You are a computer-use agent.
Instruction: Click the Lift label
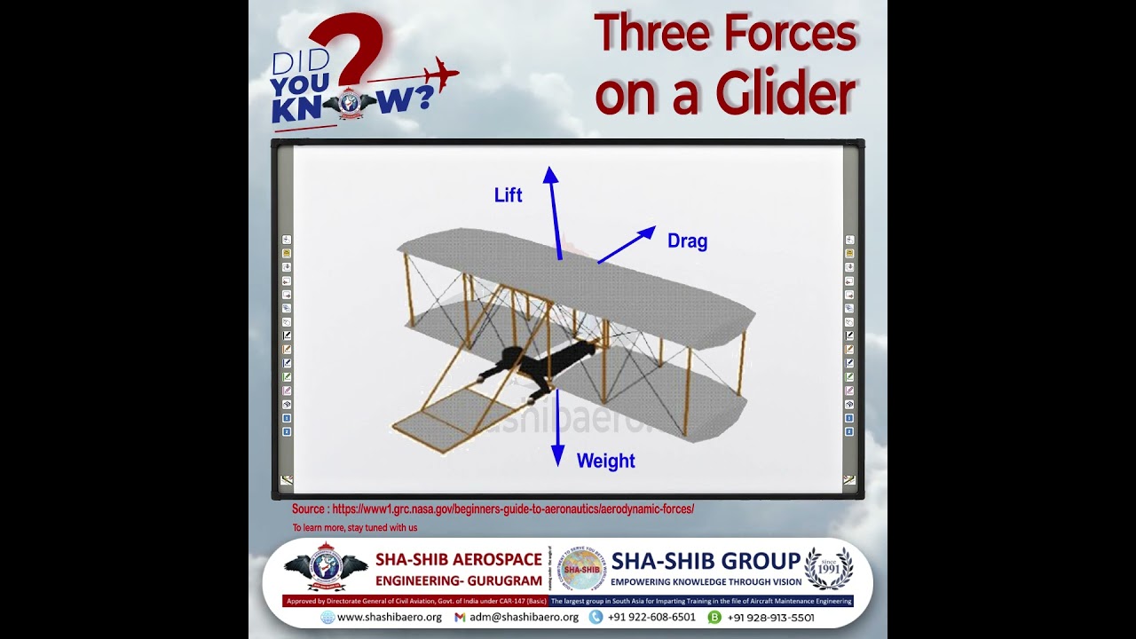(508, 195)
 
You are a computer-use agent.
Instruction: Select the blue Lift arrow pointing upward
(555, 213)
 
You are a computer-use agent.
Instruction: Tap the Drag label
(687, 241)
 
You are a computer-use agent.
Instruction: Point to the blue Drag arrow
(627, 245)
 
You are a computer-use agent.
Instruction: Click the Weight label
(605, 461)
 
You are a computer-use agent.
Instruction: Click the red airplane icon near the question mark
(436, 75)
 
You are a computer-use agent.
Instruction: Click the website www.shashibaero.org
(389, 617)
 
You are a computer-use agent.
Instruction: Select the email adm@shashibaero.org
(524, 617)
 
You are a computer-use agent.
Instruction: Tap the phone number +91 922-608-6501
(651, 617)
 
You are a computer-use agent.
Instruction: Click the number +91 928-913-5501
(770, 617)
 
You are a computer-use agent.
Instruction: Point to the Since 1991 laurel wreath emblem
(829, 568)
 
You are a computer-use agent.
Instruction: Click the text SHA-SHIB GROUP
(706, 561)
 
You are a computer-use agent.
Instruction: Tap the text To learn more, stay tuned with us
(355, 528)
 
